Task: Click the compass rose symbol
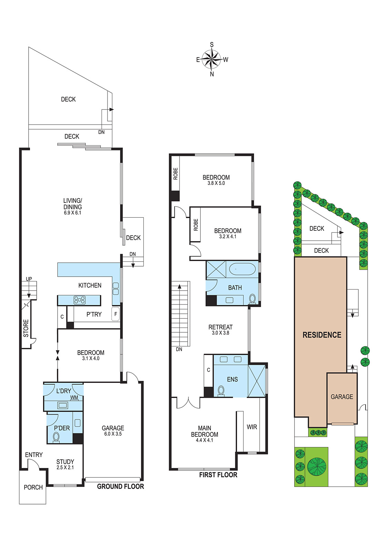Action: point(212,59)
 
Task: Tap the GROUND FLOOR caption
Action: point(120,486)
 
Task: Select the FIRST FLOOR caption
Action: point(218,475)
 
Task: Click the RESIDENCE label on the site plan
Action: point(322,335)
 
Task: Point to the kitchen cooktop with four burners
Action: point(80,300)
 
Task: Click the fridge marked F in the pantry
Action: point(116,314)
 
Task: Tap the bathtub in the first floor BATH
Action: point(242,269)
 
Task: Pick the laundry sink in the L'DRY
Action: point(62,405)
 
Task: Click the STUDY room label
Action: point(65,462)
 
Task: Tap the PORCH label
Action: point(33,487)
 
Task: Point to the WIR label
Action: point(252,427)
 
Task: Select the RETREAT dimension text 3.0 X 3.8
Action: point(220,333)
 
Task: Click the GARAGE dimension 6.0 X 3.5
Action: point(113,434)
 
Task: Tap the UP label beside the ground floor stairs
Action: point(29,279)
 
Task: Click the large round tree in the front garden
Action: point(317,466)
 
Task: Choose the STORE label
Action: point(26,328)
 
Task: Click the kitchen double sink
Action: point(116,289)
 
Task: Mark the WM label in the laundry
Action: point(74,397)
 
